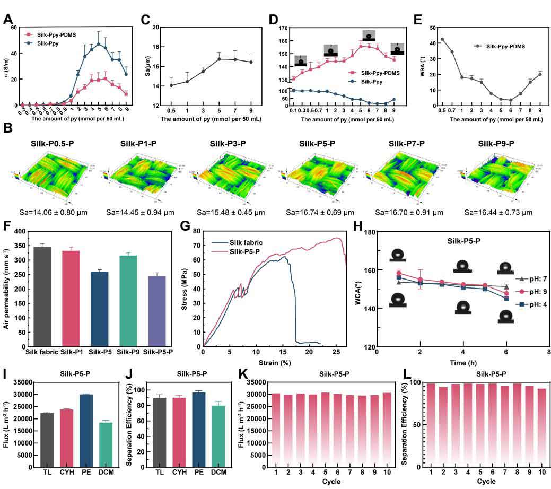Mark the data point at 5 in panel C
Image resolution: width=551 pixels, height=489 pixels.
point(218,59)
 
